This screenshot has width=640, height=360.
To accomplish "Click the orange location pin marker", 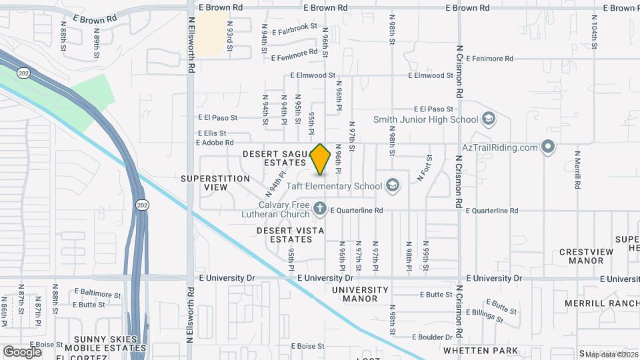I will coord(321,159).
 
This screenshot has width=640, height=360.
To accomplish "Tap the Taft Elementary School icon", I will coord(392,185).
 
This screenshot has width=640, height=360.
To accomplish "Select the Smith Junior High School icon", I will coord(489,119).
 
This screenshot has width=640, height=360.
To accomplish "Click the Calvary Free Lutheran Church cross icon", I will coord(319,209).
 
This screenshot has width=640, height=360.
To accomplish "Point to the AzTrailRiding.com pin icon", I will coord(548,147).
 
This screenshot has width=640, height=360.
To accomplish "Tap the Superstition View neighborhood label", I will coord(215,183).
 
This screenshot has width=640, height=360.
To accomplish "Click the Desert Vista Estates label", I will coord(291,235).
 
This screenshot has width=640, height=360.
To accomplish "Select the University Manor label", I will coord(360,294).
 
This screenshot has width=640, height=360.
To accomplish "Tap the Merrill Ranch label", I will coord(601,303).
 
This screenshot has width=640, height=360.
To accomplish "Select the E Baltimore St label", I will coord(97,293).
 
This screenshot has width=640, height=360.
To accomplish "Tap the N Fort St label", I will coord(425,168).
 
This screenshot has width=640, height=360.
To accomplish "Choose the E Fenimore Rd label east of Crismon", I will coord(490,59).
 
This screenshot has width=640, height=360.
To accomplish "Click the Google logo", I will coord(21,351).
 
